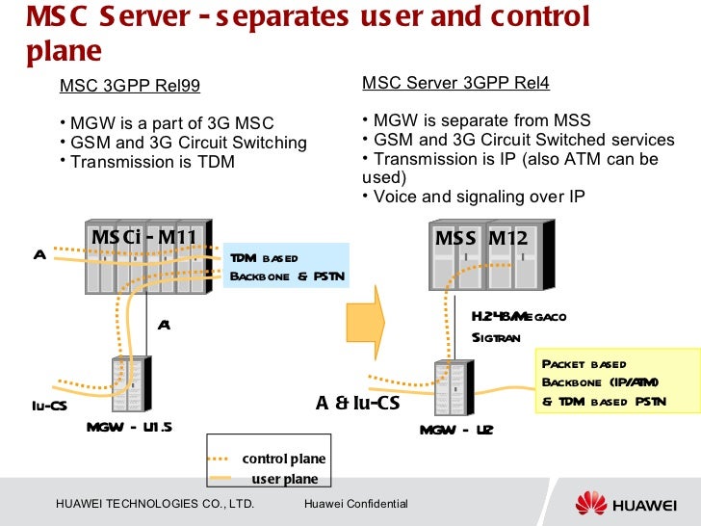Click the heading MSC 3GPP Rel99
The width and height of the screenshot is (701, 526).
(130, 87)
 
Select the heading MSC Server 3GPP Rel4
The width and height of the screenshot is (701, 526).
(455, 84)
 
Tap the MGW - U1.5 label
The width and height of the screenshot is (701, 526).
(129, 427)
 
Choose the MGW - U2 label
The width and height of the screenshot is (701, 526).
(456, 429)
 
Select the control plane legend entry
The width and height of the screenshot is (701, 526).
(283, 459)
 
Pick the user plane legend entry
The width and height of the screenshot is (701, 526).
(284, 479)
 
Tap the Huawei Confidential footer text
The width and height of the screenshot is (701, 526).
(355, 505)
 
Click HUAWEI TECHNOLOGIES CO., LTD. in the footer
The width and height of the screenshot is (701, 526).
(155, 505)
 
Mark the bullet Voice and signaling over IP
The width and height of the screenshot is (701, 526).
(477, 197)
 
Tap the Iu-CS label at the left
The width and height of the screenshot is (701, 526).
(48, 406)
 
